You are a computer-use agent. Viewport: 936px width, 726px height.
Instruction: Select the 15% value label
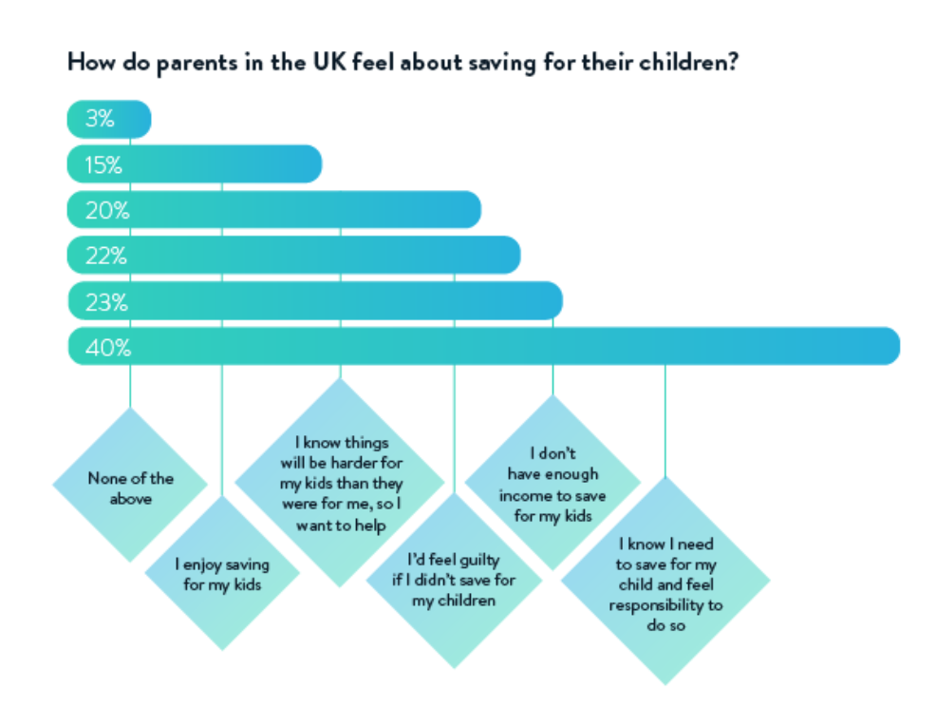coord(103,165)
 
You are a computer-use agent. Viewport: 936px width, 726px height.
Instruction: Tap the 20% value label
coord(106,211)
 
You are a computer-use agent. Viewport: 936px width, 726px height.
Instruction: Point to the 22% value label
coord(106,256)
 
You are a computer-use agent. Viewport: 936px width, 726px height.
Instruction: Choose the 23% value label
coord(106,302)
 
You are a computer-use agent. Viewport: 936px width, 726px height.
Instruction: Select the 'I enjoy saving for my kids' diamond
coord(221,573)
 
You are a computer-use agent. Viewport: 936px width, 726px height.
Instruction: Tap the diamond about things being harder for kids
coord(340,482)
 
